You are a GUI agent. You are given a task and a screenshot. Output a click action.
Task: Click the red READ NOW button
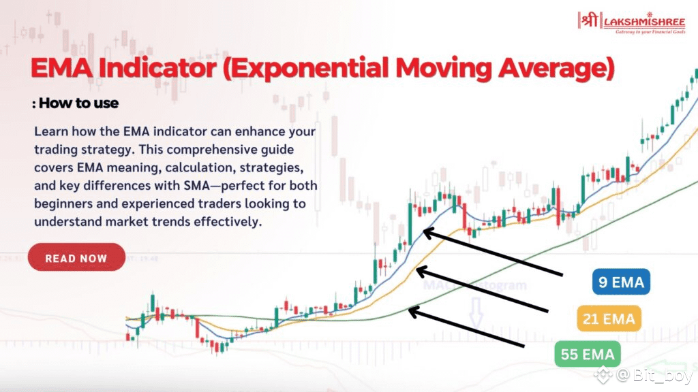(76, 257)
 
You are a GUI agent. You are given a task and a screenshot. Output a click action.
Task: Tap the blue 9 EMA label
(621, 282)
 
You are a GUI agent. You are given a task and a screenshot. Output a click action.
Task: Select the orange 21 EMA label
(609, 318)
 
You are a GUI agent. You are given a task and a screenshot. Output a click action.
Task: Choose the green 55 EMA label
(588, 354)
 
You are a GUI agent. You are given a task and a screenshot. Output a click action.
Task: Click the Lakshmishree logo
(631, 22)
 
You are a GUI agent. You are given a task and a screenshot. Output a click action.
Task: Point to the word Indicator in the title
(157, 68)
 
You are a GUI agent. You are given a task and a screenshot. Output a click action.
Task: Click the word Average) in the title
(556, 69)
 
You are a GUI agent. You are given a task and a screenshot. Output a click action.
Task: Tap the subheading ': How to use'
(75, 103)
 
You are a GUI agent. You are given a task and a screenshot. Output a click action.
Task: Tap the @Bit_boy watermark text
(654, 376)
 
